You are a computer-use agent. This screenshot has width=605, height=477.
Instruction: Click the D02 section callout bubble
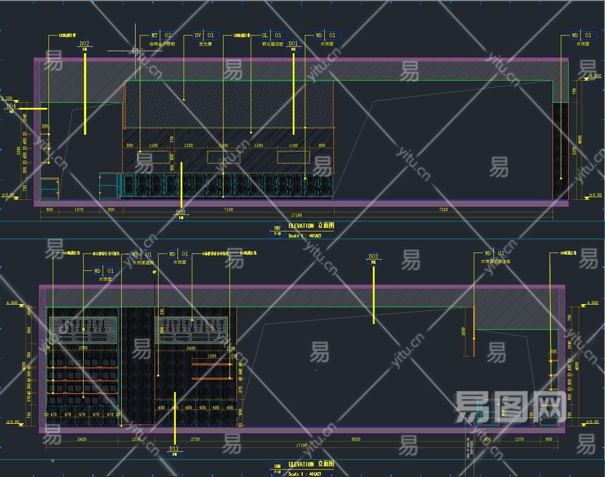coord(84,45)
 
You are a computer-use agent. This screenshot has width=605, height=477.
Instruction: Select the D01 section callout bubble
coord(293,45)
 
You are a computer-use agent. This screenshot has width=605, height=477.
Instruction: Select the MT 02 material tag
coord(161,36)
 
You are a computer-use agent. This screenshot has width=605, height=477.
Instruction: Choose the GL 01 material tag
coord(272,36)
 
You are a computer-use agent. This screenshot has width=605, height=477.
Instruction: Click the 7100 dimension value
coord(228,210)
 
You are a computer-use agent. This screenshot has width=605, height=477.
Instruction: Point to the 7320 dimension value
coord(443,210)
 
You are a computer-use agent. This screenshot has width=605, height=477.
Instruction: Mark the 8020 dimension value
coord(356,439)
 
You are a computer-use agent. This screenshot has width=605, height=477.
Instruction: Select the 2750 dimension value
coord(195,439)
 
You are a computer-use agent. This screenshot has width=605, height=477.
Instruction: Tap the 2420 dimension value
coord(82,439)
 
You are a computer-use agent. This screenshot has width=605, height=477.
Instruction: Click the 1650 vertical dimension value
coord(463,331)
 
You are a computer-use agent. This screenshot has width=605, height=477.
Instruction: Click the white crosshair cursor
coord(136,51)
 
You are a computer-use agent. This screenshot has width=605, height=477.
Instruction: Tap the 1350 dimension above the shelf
coord(212,356)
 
